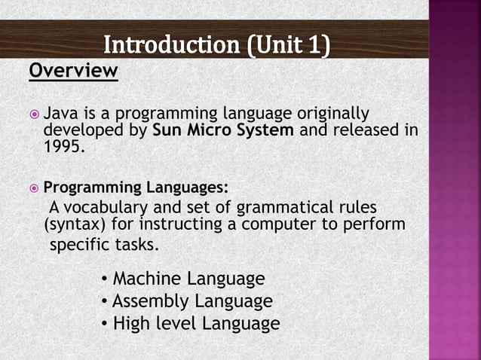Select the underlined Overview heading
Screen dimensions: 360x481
(74, 72)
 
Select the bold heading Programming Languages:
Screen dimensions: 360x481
(135, 187)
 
